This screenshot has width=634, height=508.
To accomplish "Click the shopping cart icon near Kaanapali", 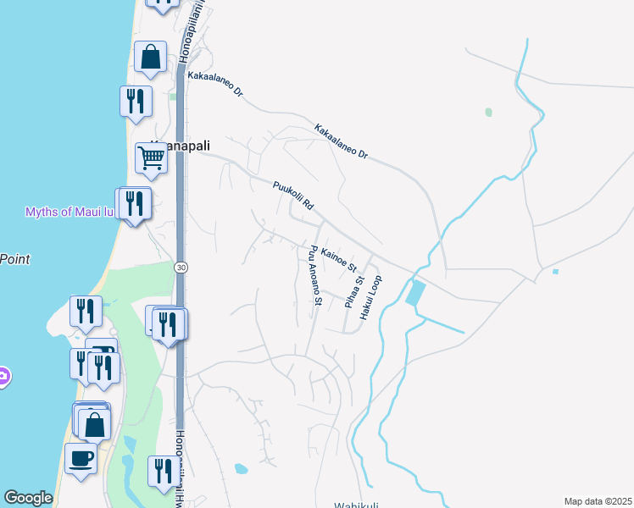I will [x=151, y=157].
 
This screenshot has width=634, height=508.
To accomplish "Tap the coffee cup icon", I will [x=81, y=459].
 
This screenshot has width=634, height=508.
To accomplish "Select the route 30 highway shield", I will [x=181, y=268].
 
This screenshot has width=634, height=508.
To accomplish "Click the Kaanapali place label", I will [x=180, y=146].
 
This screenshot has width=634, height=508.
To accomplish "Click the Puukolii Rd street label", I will [x=293, y=195].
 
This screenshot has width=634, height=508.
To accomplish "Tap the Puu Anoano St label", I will [x=315, y=275].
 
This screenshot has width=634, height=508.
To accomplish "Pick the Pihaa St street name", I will [x=359, y=290].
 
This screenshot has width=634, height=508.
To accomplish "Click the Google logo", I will [x=28, y=498].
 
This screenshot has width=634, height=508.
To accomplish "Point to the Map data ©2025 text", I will [x=598, y=501].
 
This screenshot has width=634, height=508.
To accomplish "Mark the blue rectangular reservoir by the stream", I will [x=416, y=293].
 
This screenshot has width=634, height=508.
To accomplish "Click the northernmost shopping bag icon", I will [x=150, y=58].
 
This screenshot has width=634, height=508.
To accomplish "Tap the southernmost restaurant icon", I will [x=161, y=472].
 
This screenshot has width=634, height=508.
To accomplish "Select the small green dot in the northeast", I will [x=488, y=112].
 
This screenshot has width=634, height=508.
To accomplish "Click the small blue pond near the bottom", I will [x=241, y=468].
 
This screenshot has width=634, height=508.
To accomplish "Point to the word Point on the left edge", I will [x=14, y=259].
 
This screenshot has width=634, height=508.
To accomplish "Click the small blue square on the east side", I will [x=555, y=272].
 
